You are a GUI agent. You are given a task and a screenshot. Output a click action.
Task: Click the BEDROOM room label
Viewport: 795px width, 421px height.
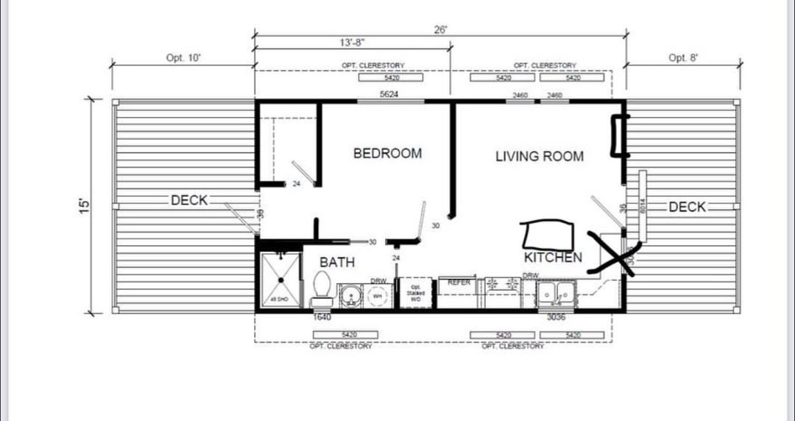coord(387,153)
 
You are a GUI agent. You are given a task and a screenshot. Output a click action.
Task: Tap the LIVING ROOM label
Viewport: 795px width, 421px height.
coord(539,156)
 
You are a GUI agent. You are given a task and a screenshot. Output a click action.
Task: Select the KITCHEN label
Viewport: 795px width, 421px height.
coord(553,258)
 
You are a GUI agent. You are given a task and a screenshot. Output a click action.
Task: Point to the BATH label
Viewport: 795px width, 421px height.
coord(336,262)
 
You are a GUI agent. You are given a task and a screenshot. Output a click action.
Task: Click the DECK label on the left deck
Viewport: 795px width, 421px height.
coord(189,200)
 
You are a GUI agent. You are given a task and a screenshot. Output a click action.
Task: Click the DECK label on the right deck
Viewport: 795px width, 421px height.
coord(687,208)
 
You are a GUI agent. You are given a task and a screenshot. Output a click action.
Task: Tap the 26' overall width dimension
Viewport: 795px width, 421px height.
coord(441,30)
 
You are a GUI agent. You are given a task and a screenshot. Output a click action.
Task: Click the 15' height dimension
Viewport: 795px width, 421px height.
coord(85,205)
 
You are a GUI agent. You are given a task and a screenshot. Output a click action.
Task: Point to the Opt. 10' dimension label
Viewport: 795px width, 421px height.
coord(183,57)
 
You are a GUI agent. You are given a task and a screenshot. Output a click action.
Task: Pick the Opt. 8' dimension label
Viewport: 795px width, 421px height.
coord(682,57)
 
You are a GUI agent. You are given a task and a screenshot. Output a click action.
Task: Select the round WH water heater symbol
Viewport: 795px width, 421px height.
coord(378,295)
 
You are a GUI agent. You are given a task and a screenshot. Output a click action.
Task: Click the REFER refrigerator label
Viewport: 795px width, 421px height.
coord(459,283)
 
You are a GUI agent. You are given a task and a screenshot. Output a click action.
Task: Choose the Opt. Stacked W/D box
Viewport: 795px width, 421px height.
coord(415,294)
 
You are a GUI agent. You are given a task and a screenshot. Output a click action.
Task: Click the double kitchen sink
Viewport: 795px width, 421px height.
coord(555,294)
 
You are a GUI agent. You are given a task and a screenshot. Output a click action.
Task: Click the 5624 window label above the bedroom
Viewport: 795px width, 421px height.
coord(390,95)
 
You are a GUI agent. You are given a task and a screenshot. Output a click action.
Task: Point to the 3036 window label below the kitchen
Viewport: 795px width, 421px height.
coord(556,318)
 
